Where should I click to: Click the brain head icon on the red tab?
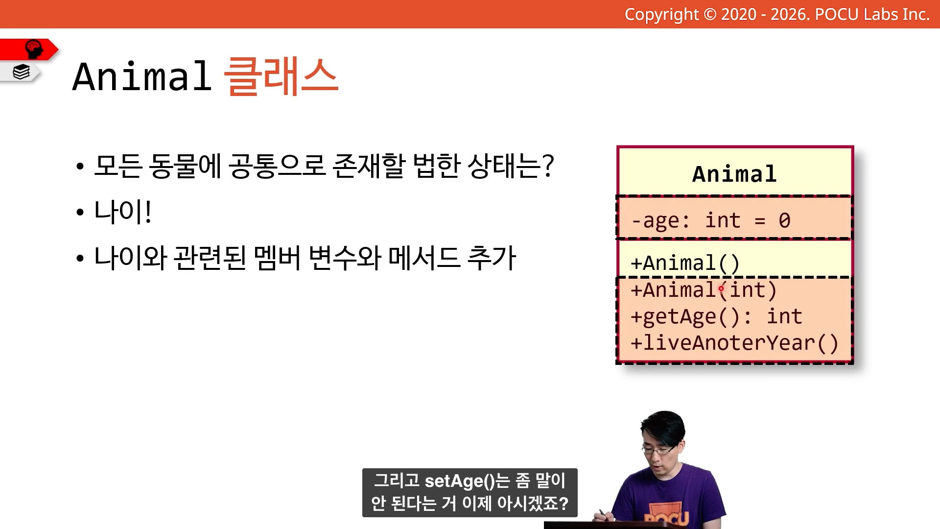pos(34,49)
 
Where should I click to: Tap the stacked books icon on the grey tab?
pos(22,72)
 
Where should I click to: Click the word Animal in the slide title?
pos(142,76)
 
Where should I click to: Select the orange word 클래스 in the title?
pos(281,76)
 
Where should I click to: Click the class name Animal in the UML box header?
pos(734,174)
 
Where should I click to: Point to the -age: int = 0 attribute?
pos(711,220)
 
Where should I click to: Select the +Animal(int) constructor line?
pos(704,290)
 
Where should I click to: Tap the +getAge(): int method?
pos(716,317)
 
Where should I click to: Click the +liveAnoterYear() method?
pos(734,343)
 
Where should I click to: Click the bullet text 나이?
pos(123,212)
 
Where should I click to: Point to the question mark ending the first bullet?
pos(549,166)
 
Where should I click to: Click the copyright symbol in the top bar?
pos(710,15)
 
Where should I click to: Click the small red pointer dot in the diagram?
pos(721,289)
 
